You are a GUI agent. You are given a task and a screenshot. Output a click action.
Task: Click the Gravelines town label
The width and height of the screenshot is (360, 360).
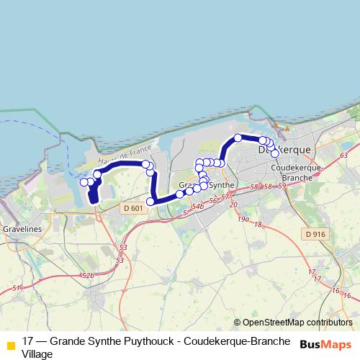pyautogui.click(x=23, y=228)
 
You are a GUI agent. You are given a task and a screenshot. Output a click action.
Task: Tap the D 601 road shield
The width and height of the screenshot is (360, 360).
pyautogui.click(x=132, y=208)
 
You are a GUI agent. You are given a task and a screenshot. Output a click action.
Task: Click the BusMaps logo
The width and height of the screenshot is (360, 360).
pyautogui.click(x=325, y=345)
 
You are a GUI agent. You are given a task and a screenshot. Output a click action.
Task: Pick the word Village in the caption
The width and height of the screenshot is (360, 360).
pyautogui.click(x=37, y=354)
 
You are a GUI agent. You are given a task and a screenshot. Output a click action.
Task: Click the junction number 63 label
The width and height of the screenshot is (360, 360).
pyautogui.click(x=343, y=155)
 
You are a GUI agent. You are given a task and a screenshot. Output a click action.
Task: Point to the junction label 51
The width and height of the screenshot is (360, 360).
pyautogui.click(x=17, y=287)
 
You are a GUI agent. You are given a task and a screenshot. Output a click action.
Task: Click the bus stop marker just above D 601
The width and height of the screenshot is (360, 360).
pyautogui.click(x=150, y=202)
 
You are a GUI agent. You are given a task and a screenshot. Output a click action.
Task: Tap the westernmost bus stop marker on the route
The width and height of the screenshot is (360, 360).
pyautogui.click(x=84, y=182)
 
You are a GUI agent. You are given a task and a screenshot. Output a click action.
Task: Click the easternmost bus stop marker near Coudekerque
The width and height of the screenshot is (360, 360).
pyautogui.click(x=275, y=153)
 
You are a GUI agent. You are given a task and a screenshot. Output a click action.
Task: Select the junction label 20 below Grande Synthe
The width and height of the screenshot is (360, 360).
pyautogui.click(x=233, y=205)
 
